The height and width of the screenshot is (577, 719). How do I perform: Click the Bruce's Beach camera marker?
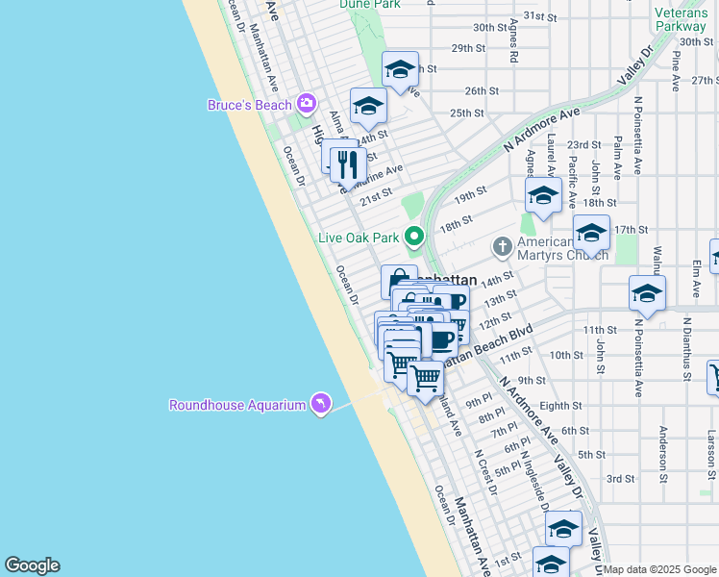pyautogui.click(x=307, y=103)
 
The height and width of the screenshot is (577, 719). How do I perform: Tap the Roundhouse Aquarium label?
pyautogui.click(x=237, y=405)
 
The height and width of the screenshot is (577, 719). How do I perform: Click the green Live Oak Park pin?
pyautogui.click(x=414, y=236)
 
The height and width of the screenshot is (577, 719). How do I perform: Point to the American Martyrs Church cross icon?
pyautogui.click(x=501, y=247)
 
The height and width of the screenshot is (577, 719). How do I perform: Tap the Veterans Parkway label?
pyautogui.click(x=681, y=20)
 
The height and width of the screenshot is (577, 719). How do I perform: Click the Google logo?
pyautogui.click(x=32, y=565)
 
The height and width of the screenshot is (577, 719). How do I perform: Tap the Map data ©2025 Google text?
pyautogui.click(x=659, y=569)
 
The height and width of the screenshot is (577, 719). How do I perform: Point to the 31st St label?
pyautogui.click(x=540, y=17)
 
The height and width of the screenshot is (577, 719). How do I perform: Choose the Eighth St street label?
pyautogui.click(x=560, y=406)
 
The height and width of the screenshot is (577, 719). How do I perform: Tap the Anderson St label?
pyautogui.click(x=663, y=452)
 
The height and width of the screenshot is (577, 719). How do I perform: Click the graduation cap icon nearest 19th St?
pyautogui.click(x=543, y=196)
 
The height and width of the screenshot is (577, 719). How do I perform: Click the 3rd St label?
pyautogui.click(x=620, y=478)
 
